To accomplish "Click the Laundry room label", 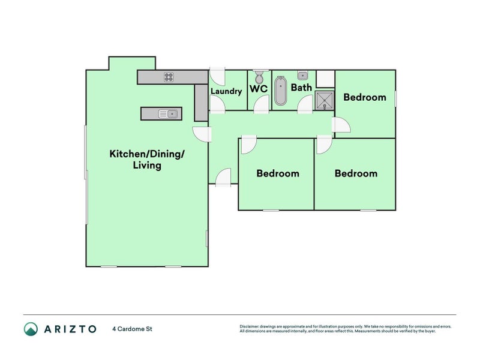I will (x=226, y=91).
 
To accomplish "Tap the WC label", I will (x=259, y=89).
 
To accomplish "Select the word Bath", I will (x=301, y=88).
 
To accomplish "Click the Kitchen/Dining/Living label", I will (x=147, y=159).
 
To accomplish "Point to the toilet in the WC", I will (x=259, y=77).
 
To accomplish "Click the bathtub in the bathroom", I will (x=280, y=91).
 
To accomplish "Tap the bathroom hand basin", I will (x=302, y=76).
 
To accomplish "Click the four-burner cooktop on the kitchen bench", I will (x=169, y=77).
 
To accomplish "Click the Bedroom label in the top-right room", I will (x=364, y=97).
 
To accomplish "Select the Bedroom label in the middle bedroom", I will (x=277, y=173).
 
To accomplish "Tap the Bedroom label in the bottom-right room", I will (x=356, y=173).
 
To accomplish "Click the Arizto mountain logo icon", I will (x=31, y=328).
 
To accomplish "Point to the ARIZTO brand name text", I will (x=69, y=329).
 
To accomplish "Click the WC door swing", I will (x=261, y=104).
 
